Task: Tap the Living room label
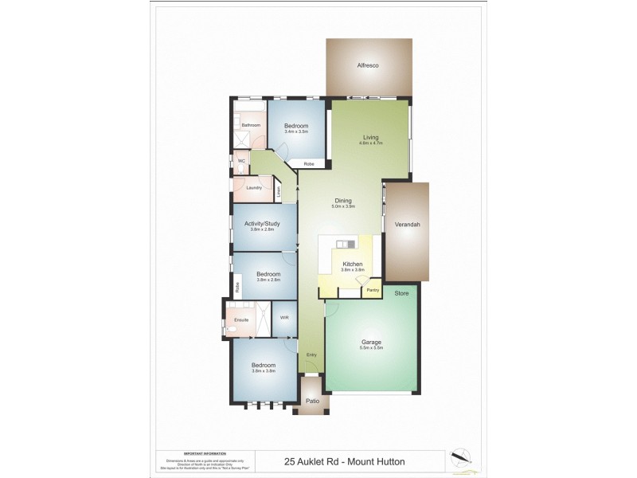[x=370, y=137]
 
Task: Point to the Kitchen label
[x=353, y=264]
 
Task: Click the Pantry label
[x=373, y=290]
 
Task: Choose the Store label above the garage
[x=401, y=294]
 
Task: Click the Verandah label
[x=407, y=225]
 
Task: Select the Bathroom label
[x=252, y=125]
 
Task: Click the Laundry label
[x=254, y=187]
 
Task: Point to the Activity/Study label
[x=262, y=224]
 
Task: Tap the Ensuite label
[x=241, y=320]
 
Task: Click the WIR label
[x=283, y=317]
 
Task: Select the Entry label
[x=311, y=355]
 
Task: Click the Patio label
[x=313, y=401]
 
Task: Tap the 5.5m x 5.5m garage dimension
[x=372, y=348]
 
